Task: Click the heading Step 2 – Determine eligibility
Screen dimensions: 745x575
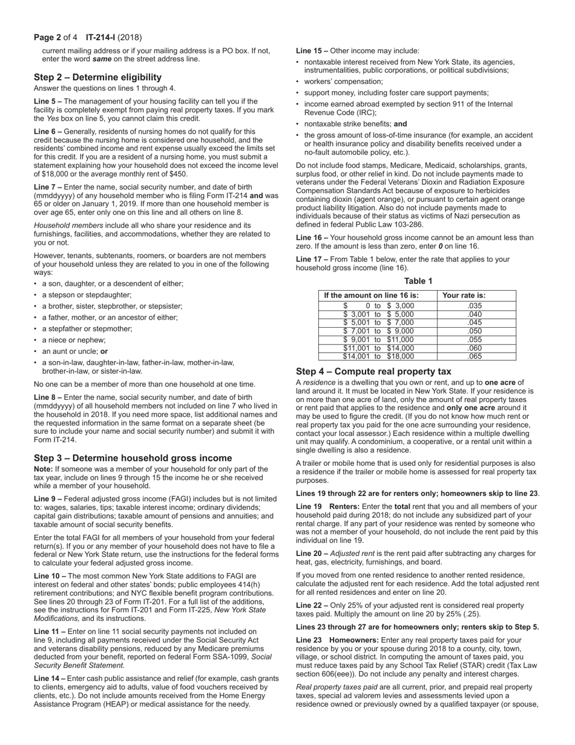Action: coord(97,77)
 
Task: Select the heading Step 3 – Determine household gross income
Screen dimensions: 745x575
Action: coord(133,457)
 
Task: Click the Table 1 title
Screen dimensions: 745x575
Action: coord(418,280)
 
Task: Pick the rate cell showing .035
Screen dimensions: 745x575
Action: coord(475,306)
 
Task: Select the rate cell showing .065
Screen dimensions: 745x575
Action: coord(475,357)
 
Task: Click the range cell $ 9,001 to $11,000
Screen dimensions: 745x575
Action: coord(378,340)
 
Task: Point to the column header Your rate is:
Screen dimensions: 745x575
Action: coord(464,296)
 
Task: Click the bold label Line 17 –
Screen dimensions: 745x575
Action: coord(312,259)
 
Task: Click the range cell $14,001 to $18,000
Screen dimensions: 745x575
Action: coord(378,357)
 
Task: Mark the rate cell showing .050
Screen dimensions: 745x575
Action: coord(475,331)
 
